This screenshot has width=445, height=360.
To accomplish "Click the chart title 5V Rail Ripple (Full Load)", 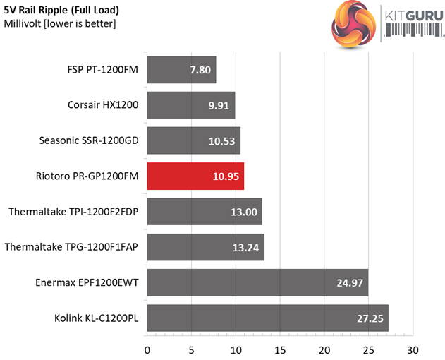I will [61, 11].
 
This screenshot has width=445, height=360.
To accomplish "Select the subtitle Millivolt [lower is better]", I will [60, 24].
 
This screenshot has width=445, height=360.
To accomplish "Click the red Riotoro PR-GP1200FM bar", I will [195, 176].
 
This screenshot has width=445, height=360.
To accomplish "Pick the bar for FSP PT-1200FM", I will [181, 70].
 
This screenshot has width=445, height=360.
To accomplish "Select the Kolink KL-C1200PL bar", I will [267, 318].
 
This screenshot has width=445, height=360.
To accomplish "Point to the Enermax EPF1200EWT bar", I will [257, 282].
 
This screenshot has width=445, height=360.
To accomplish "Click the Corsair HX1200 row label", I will [103, 105].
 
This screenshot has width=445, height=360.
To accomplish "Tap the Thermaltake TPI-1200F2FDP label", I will [74, 211].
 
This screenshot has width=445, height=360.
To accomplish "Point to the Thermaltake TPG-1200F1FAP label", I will [72, 246].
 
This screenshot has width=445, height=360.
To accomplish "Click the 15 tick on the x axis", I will [280, 350].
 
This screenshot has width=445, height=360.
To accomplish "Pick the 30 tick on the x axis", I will [413, 350].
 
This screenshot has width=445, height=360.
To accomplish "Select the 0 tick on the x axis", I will [147, 350].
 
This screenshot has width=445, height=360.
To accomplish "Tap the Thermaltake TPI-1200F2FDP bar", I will [205, 211].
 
